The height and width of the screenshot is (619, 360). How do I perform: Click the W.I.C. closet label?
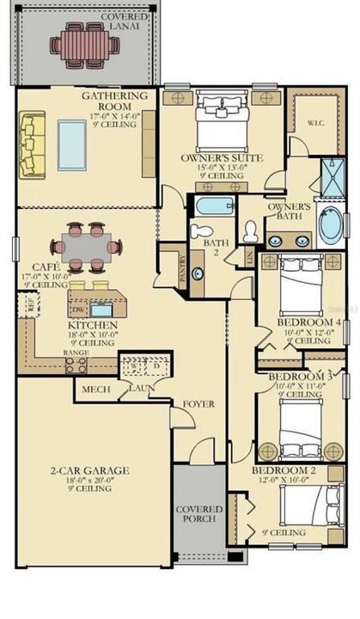pyautogui.click(x=316, y=123)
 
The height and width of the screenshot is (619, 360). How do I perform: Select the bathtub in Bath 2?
pyautogui.click(x=210, y=207)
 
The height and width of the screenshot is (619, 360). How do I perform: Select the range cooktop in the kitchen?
pyautogui.click(x=76, y=364)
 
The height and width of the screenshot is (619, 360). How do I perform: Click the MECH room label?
pyautogui.click(x=94, y=389)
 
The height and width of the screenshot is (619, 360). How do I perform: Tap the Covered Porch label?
pyautogui.click(x=199, y=513)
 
